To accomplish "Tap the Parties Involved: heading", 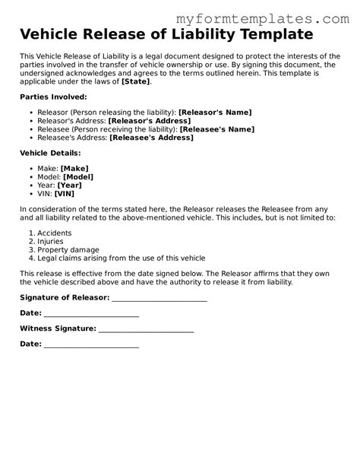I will pyautogui.click(x=53, y=97).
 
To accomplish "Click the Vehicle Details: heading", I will pyautogui.click(x=51, y=153).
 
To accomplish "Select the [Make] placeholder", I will pyautogui.click(x=74, y=168).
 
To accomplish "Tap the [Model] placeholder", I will pyautogui.click(x=78, y=176).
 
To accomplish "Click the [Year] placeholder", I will pyautogui.click(x=69, y=185).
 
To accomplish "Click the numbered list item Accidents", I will pyautogui.click(x=54, y=233).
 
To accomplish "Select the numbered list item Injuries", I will pyautogui.click(x=51, y=241).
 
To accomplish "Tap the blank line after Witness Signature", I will pyautogui.click(x=146, y=328).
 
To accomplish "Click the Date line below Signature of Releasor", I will pyautogui.click(x=91, y=313).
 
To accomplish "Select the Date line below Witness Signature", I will pyautogui.click(x=91, y=344).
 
